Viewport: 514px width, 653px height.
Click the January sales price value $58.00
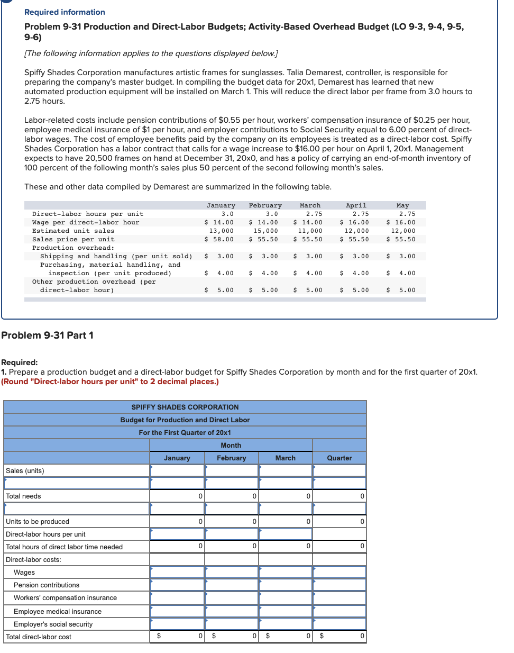pos(219,239)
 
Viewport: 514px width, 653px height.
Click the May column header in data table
pos(402,205)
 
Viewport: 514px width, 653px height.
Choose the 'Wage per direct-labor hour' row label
pos(86,222)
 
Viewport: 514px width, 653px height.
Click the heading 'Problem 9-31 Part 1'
pos(47,335)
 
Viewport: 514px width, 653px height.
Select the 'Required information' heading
pos(65,12)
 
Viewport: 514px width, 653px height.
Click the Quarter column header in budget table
pos(339,458)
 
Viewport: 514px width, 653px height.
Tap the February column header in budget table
pos(231,458)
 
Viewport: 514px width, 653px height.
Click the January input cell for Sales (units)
pos(177,470)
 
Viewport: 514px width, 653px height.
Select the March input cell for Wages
pos(286,572)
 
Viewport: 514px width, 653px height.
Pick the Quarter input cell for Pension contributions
pos(339,585)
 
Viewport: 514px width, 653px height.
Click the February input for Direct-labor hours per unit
pos(231,534)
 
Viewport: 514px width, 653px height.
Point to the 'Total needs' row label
pos(23,496)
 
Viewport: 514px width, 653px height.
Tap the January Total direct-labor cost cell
pos(177,636)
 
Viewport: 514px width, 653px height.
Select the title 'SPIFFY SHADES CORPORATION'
pos(185,407)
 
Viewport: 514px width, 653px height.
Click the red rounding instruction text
pos(110,382)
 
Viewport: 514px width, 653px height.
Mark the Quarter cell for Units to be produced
pos(339,521)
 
